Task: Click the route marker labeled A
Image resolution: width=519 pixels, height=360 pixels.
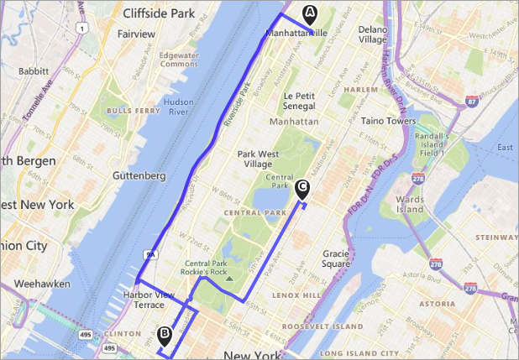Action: pos(310,13)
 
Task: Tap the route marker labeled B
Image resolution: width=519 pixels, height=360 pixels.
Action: pos(165,334)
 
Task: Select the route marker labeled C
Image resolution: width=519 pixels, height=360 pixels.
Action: pos(302,187)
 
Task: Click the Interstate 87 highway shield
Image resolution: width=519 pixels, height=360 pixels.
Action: pos(473,101)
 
